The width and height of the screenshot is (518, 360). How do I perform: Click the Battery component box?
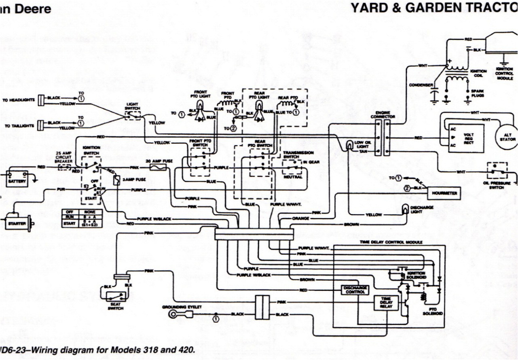pos(17,178)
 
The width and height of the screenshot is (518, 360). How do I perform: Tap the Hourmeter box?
pos(444,193)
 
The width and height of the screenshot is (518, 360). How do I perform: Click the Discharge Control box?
pos(355,290)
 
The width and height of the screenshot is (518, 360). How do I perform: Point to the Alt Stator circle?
pos(506,137)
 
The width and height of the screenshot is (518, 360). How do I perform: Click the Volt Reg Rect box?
pos(465,138)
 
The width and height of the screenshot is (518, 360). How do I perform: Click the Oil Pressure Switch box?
pos(497,171)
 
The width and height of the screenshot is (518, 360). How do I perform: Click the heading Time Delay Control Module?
pos(391,242)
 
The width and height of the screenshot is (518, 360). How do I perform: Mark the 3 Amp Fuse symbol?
pos(116,181)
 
